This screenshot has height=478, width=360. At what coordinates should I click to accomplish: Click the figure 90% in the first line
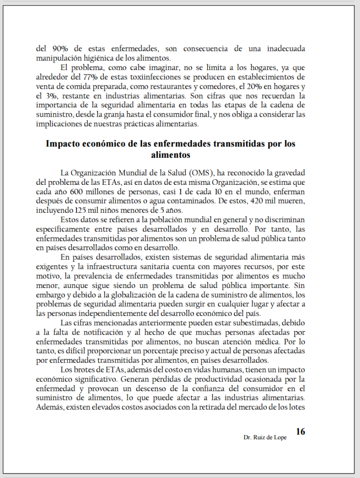click(x=58, y=49)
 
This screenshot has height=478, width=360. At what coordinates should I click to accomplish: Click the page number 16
click(x=301, y=431)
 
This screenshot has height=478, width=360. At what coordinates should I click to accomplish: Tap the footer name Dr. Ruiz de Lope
click(x=265, y=437)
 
